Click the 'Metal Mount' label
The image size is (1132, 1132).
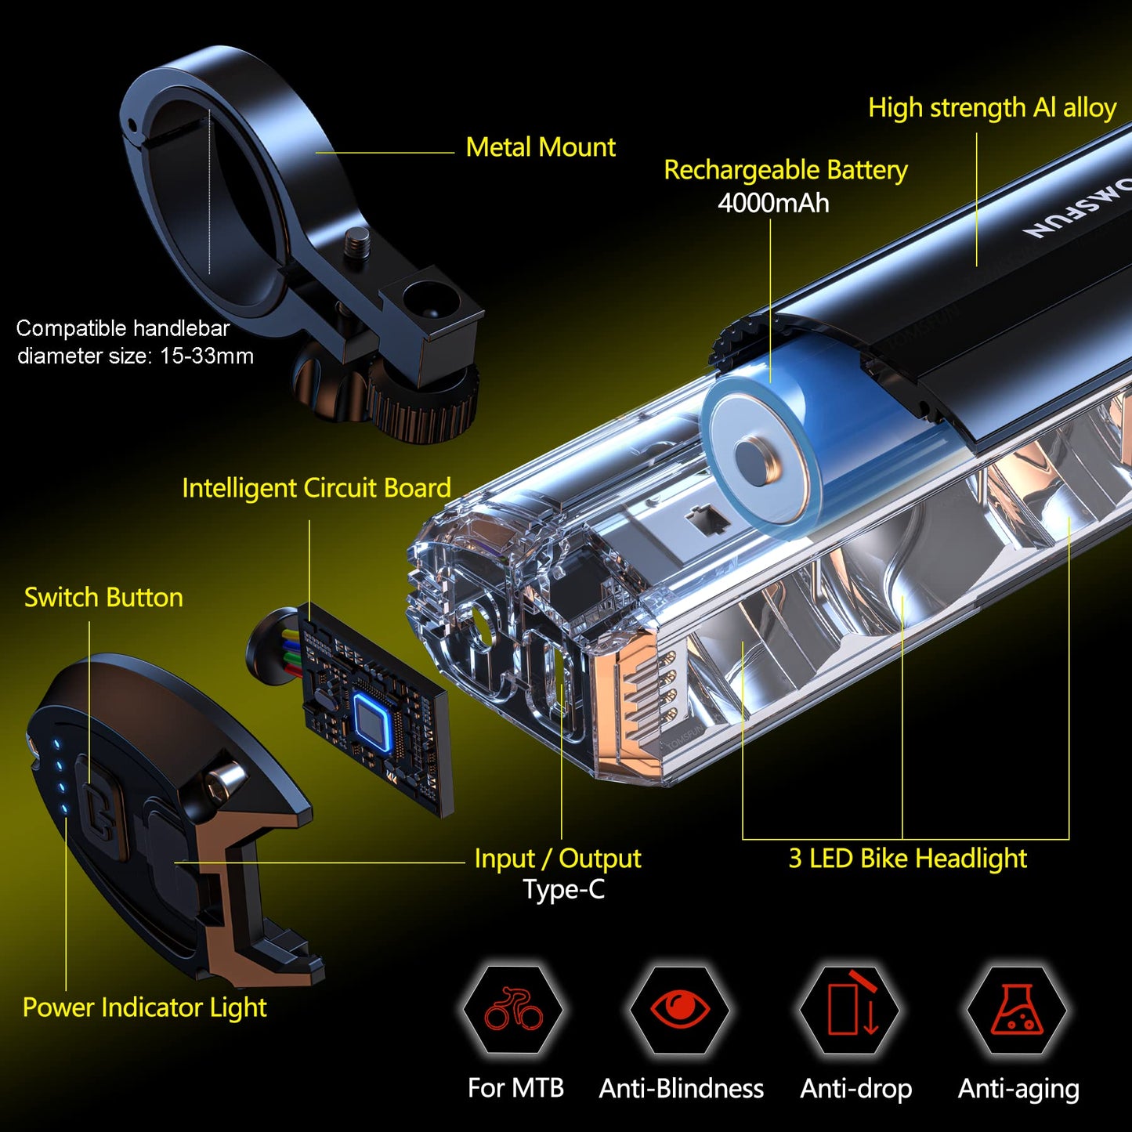pos(541,147)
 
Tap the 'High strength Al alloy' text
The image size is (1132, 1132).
pos(993,108)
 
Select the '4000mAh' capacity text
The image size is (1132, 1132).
pos(773,203)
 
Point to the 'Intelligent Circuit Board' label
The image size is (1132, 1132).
pos(316,488)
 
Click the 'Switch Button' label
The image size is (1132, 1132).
pos(103,598)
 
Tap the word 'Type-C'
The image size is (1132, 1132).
pos(563,889)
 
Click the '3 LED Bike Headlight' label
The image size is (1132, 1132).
pos(908,859)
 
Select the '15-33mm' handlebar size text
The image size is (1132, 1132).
pos(207,356)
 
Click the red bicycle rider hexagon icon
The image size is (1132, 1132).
pos(513,1009)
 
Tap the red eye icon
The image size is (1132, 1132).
pos(680,1008)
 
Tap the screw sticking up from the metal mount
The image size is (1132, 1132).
pos(358,244)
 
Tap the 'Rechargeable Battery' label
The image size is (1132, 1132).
pos(786,170)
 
